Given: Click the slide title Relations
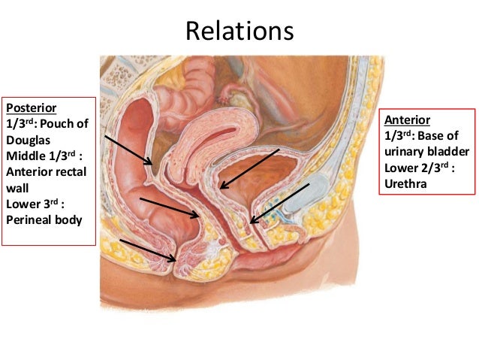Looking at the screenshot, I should (x=239, y=31).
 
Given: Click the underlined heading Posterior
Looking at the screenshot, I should (x=27, y=107).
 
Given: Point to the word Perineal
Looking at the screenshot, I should (x=28, y=221).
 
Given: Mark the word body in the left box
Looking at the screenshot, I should (x=71, y=221).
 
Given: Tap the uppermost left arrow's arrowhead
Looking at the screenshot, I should (x=152, y=163).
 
